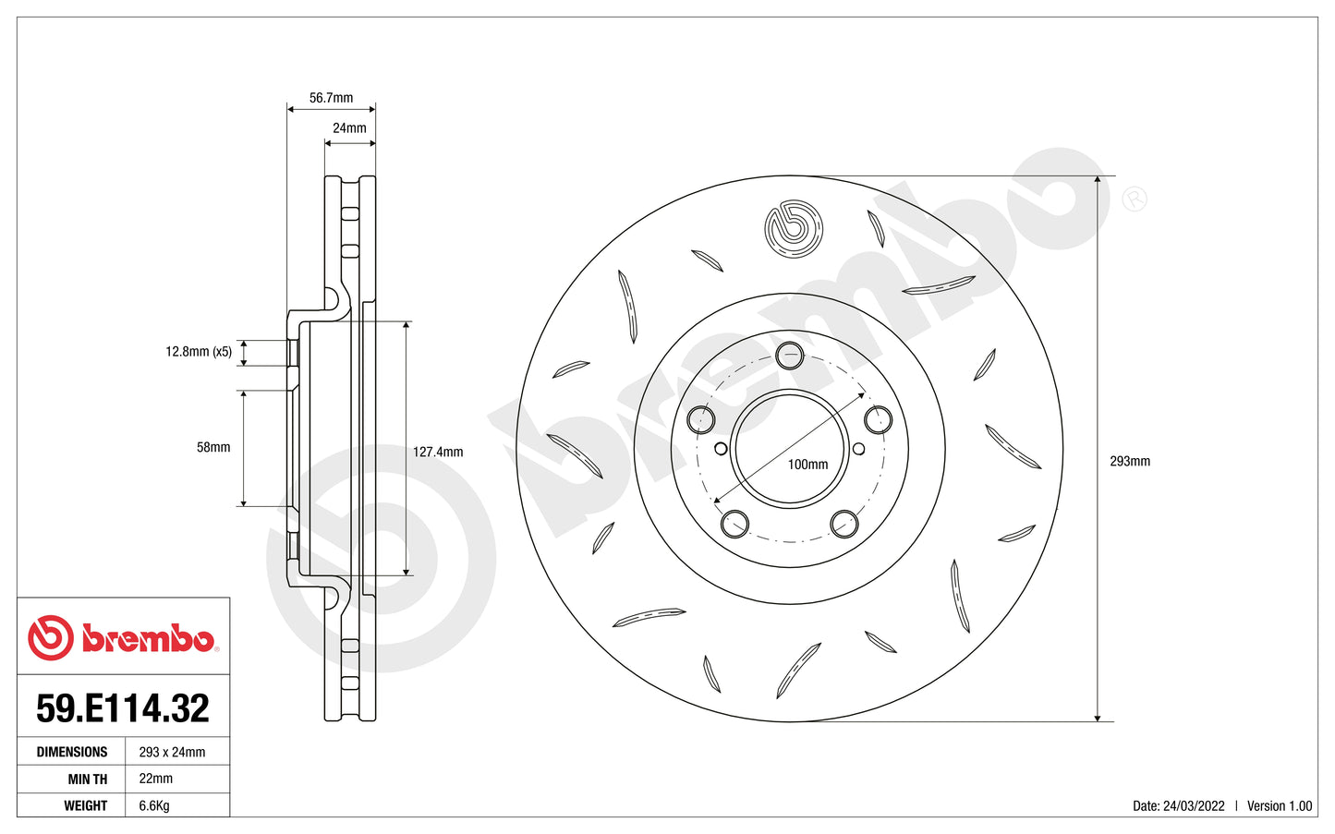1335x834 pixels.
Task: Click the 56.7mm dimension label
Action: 331,98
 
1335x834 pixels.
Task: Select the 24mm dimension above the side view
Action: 349,128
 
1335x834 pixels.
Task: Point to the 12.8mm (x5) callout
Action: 199,352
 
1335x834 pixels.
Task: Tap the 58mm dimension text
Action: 213,448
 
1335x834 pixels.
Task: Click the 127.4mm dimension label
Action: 438,453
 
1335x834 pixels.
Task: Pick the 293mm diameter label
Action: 1129,461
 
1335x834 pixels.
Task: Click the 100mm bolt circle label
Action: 807,465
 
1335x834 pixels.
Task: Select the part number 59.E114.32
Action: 123,708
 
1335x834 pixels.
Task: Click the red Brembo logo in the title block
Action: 122,638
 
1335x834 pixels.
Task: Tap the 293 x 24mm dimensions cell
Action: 172,752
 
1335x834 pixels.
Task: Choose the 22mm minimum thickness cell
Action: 155,779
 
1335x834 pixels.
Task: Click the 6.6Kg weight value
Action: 154,805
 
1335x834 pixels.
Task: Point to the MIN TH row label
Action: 87,780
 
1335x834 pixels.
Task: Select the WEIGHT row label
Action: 86,805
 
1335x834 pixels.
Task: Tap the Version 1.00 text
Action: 1279,806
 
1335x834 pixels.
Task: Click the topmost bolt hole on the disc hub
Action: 789,354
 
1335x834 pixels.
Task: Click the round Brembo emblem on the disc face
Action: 793,228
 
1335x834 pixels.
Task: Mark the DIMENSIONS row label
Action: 72,752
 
